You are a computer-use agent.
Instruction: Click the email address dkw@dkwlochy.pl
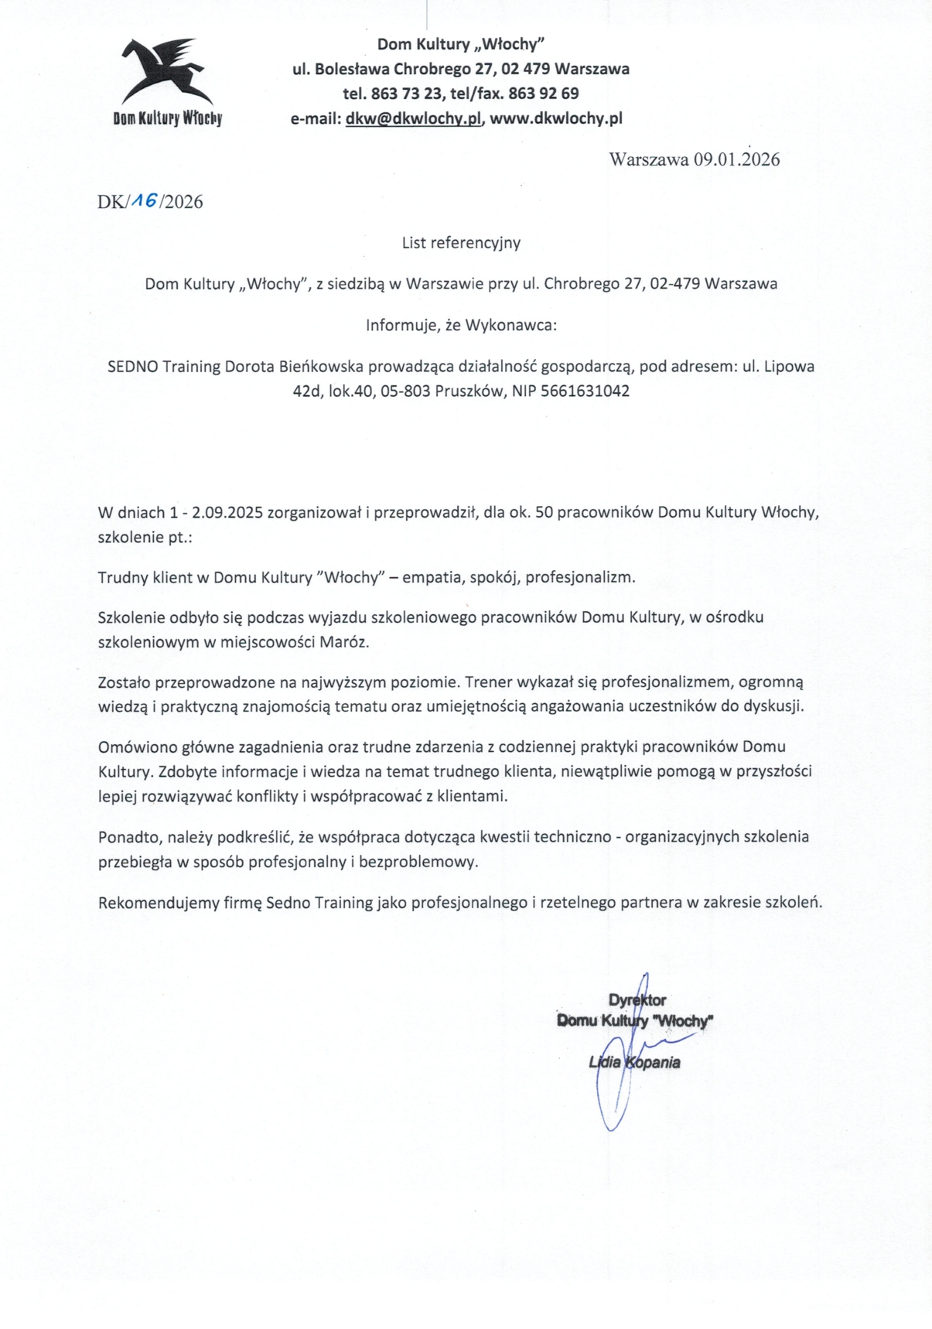point(414,118)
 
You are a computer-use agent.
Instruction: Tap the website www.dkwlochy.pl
point(556,118)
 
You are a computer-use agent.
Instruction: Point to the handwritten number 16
point(144,200)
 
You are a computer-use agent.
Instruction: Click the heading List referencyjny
point(461,243)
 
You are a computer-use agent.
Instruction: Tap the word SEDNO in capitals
point(132,367)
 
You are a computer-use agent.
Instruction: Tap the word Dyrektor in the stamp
point(637,1000)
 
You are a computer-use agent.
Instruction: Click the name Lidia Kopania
point(634,1063)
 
